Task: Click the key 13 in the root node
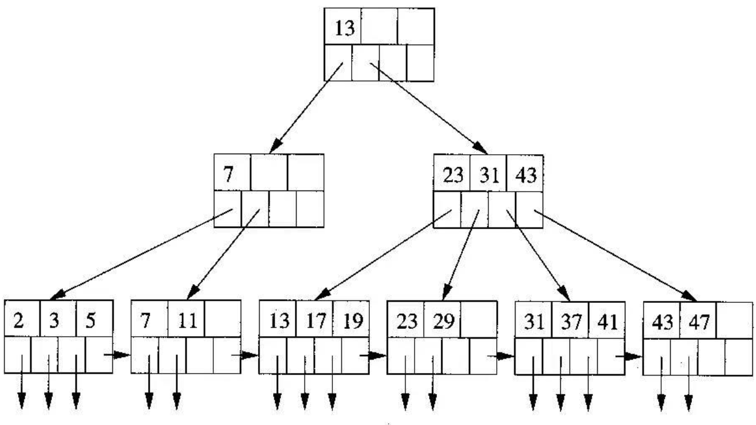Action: point(345,28)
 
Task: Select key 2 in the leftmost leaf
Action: point(19,319)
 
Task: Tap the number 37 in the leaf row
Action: point(569,319)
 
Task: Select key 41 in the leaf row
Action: point(606,319)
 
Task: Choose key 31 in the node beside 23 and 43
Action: point(488,175)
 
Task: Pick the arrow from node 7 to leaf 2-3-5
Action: point(140,254)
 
